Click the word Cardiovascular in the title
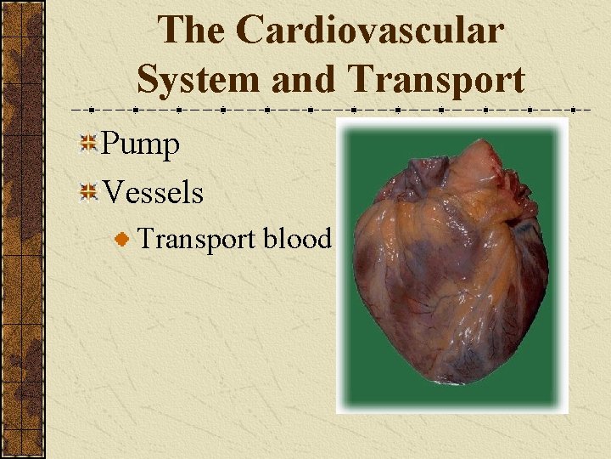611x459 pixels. coord(370,31)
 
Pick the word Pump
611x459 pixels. coord(141,145)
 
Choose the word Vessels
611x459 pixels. coord(153,193)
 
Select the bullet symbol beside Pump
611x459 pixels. coord(87,145)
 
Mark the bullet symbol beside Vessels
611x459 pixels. coord(87,193)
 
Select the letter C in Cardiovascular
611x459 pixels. coord(252,31)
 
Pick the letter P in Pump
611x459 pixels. coord(110,144)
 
